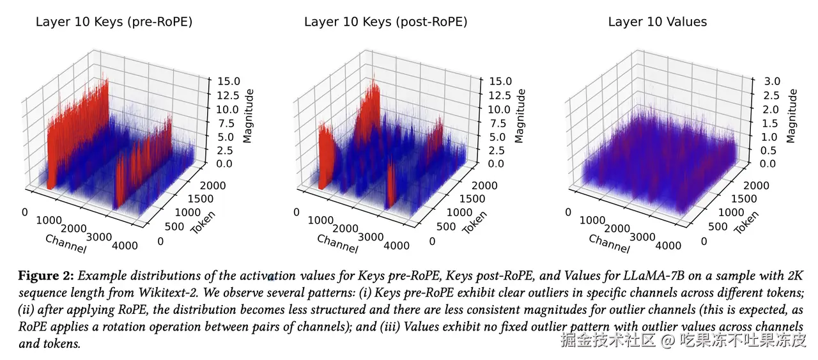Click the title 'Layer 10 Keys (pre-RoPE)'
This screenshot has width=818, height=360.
point(114,22)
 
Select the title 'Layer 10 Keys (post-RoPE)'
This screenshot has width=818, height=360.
point(385,22)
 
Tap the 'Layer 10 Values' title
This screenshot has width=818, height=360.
point(657,22)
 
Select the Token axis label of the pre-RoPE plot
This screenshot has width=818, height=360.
point(202,222)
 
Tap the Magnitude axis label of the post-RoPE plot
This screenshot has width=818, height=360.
point(521,116)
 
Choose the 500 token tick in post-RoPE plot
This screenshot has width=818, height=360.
point(445,226)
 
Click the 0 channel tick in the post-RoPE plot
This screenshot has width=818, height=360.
point(297,212)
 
